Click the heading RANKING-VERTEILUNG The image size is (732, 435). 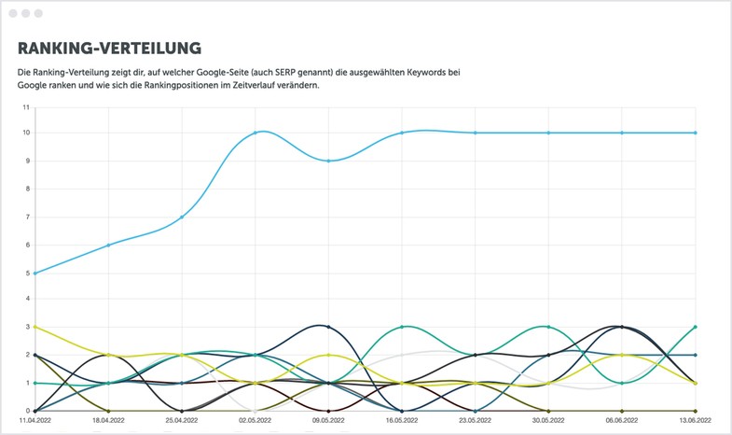[x=110, y=48]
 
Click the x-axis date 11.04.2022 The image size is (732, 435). [x=35, y=422]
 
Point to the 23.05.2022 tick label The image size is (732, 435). [x=475, y=422]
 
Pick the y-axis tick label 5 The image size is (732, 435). [x=27, y=272]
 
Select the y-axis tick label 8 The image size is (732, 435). [x=27, y=189]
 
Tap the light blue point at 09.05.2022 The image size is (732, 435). [x=328, y=161]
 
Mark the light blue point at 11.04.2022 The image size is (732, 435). [x=35, y=273]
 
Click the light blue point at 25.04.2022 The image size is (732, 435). [x=182, y=217]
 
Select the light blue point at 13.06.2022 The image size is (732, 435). [x=696, y=133]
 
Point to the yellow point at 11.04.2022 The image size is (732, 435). [x=35, y=327]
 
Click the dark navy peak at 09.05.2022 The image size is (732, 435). [x=328, y=327]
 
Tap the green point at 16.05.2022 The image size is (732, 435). [x=402, y=327]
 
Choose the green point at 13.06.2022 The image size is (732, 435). [x=696, y=327]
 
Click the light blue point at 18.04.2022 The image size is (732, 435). [x=108, y=245]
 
